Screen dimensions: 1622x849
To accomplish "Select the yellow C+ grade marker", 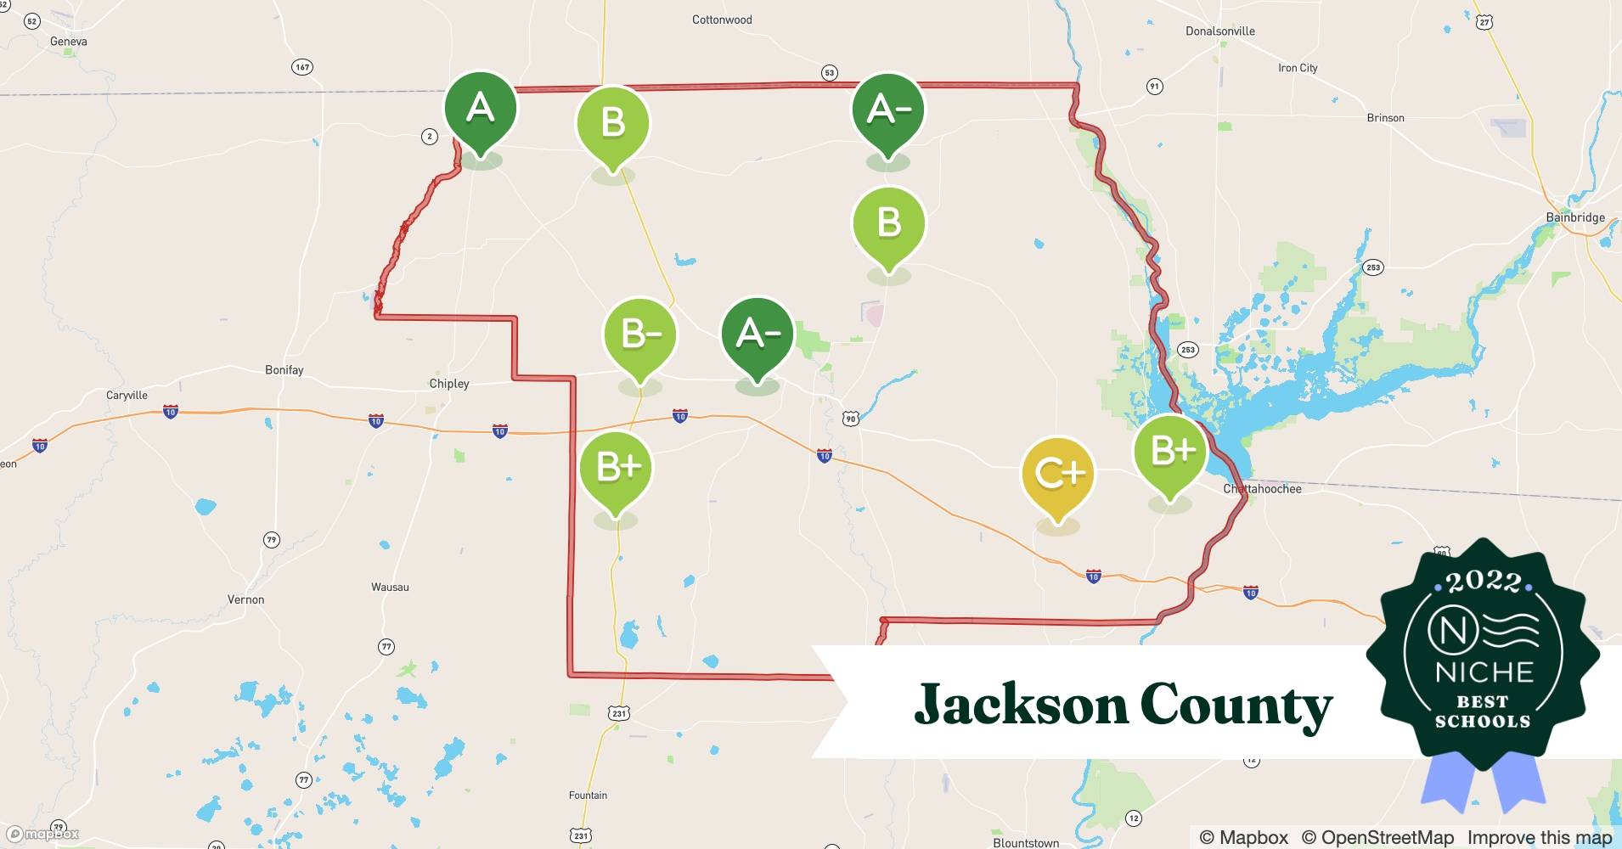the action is (x=1058, y=474).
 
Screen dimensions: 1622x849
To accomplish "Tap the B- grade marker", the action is (x=640, y=335).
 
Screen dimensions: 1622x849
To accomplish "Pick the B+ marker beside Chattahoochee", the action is (x=1171, y=452).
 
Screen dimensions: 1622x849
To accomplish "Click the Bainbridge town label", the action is (x=1575, y=217).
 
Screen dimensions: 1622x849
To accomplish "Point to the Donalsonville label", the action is (x=1219, y=31).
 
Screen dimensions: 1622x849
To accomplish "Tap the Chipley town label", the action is (x=449, y=384).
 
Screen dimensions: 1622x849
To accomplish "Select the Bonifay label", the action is (x=284, y=370).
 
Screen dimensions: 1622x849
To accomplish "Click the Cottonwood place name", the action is (x=722, y=20).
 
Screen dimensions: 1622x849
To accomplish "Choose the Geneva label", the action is (x=68, y=42).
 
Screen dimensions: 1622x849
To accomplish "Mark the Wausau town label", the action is (x=390, y=587).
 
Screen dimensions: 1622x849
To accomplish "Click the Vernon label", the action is (x=245, y=599).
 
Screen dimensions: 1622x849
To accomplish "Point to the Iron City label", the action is (x=1298, y=68).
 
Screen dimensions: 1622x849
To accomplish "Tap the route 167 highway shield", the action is (x=302, y=67).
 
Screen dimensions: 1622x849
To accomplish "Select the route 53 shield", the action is (x=830, y=73).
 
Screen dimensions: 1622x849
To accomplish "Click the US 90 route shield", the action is (x=851, y=419).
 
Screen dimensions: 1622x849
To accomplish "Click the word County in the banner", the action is (x=1236, y=706).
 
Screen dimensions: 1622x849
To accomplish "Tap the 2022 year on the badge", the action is (x=1483, y=582).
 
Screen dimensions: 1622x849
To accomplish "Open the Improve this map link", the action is (x=1539, y=838).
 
